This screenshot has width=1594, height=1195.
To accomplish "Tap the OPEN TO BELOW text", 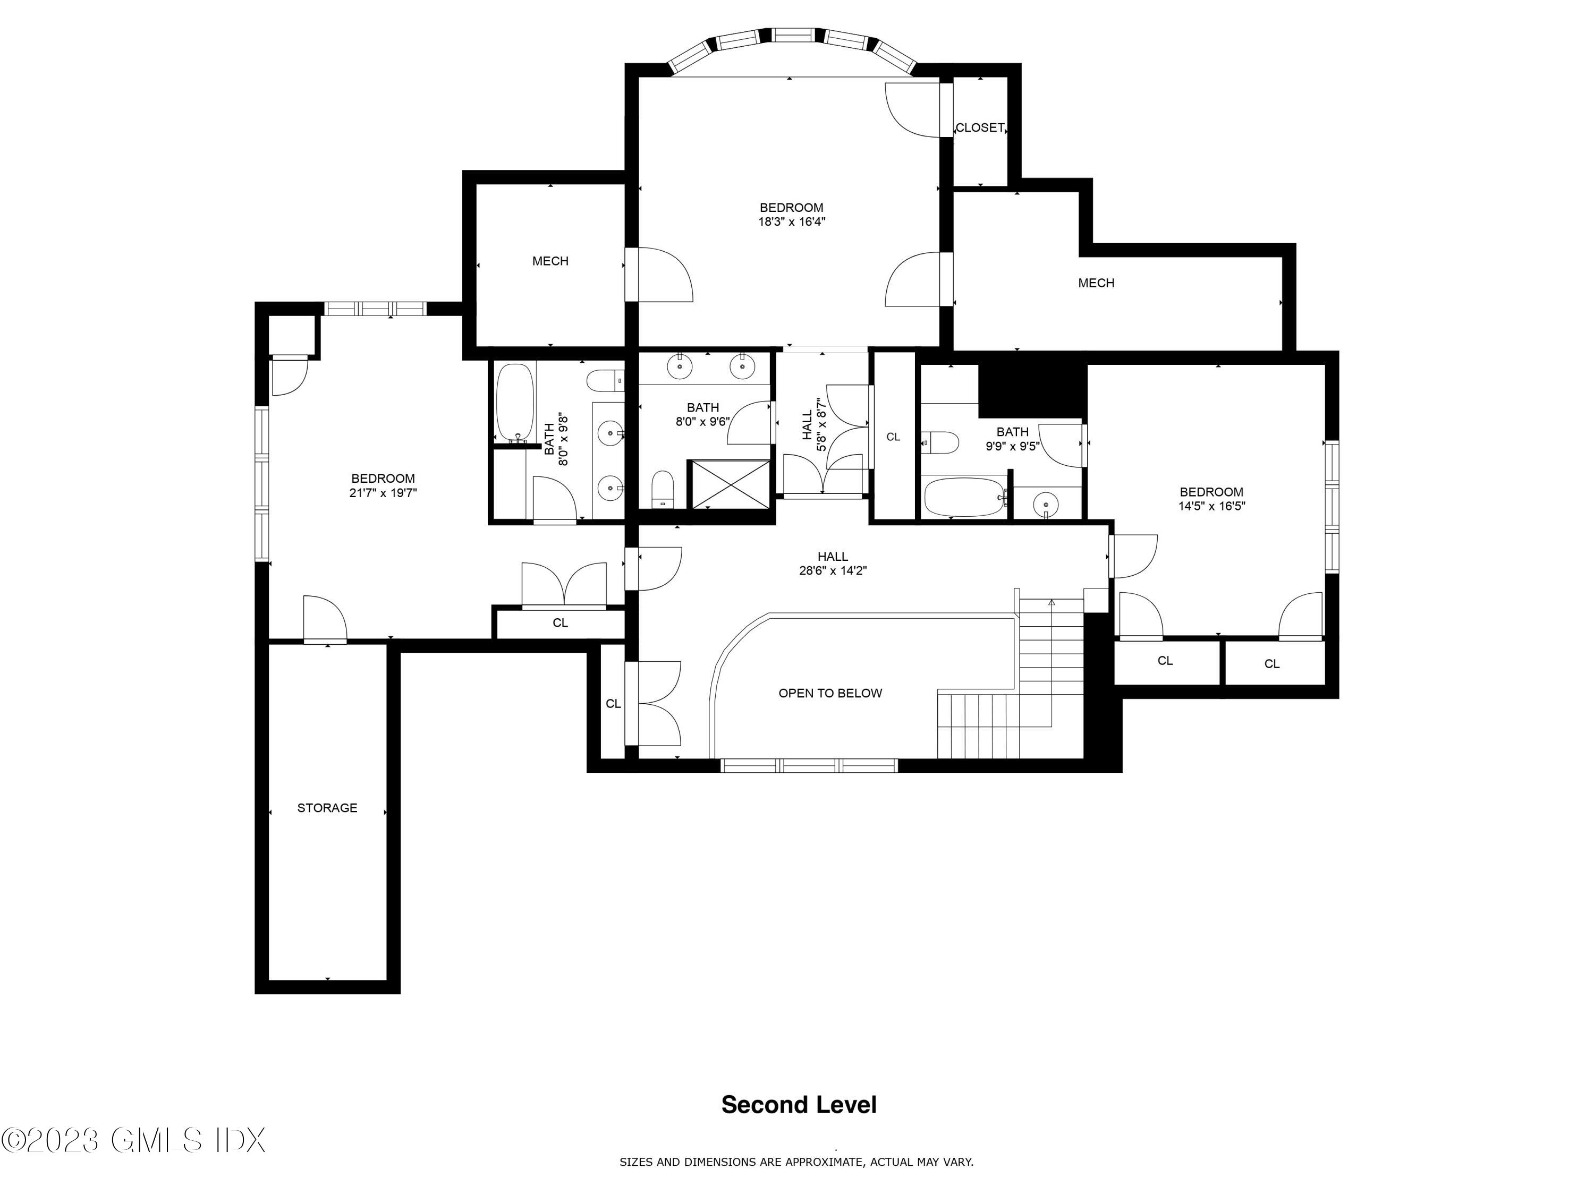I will tap(830, 694).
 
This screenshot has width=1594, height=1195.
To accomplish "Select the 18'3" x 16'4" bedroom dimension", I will tap(791, 222).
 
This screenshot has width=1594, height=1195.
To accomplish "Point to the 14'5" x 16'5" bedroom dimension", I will tap(1211, 506).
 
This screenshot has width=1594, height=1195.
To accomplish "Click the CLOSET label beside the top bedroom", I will tap(979, 128).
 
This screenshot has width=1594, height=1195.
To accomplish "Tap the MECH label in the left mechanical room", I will tap(550, 261).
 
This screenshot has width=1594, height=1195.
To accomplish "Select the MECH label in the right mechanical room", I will tap(1096, 283).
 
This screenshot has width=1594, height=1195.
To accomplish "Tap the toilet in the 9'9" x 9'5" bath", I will tap(941, 443).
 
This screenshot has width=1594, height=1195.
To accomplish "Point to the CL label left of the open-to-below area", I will tap(613, 704).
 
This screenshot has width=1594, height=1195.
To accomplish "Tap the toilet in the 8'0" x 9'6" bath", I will tap(662, 490).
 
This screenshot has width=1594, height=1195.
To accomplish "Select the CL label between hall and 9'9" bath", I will tap(893, 437).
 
